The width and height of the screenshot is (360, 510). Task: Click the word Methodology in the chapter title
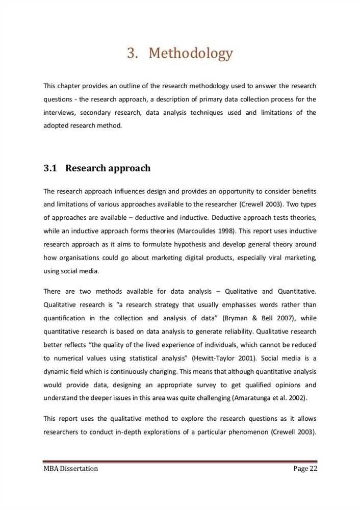pos(191,53)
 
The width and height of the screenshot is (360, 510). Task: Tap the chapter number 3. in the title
pos(133,53)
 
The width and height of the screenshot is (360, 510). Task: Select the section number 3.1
pos(50,168)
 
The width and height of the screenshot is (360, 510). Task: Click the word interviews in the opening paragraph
pos(60,112)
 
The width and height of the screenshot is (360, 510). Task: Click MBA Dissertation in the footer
pos(70,469)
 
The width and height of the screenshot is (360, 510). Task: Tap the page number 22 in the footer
pos(312,469)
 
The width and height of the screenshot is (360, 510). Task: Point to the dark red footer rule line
pos(180,462)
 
